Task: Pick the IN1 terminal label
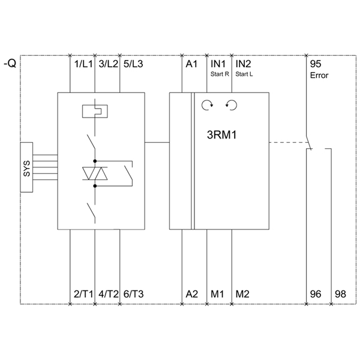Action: pos(218,64)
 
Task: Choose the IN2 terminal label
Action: pos(244,64)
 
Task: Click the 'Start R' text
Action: pos(220,74)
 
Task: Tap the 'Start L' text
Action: pos(244,74)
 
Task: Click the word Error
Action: pos(319,76)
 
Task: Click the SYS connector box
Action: pos(27,168)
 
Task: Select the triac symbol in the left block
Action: pos(95,173)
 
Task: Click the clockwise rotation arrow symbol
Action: pos(207,106)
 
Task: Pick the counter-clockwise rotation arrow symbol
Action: pos(231,106)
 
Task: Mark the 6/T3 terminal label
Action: pos(133,294)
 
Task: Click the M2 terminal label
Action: pos(243,294)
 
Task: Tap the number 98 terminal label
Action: pos(340,294)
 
